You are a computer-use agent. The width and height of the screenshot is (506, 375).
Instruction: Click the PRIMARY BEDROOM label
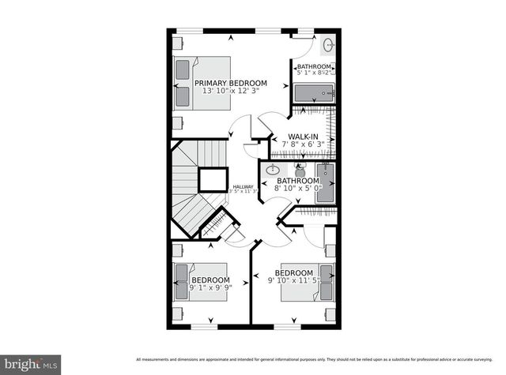click(231, 83)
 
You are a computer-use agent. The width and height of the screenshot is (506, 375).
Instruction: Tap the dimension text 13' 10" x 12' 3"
click(231, 92)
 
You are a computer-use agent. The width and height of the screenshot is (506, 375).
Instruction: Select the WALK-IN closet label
click(303, 137)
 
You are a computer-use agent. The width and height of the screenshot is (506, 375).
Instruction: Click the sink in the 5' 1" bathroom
click(327, 45)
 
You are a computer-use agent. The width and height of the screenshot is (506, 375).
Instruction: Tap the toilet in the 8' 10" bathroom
click(300, 169)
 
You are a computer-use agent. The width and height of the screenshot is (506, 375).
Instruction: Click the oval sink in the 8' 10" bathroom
click(274, 170)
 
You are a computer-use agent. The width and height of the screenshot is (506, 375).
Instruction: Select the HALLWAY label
click(243, 187)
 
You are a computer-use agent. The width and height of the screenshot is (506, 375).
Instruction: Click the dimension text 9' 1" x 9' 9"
click(210, 289)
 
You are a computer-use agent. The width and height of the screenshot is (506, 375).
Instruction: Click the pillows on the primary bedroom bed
click(183, 83)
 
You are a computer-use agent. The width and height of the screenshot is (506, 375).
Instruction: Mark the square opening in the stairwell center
click(213, 180)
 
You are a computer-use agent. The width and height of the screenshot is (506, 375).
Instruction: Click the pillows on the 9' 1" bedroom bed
click(181, 282)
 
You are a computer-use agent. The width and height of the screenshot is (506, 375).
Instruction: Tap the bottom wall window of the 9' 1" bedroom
click(204, 325)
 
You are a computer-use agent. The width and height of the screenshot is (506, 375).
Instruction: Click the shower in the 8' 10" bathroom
click(324, 184)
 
